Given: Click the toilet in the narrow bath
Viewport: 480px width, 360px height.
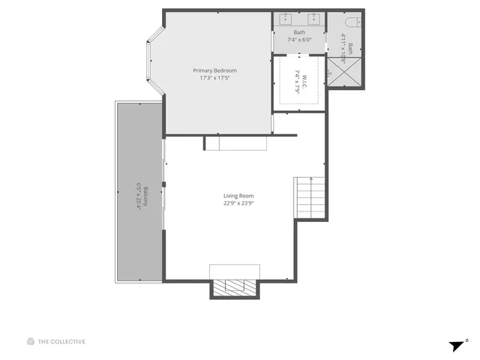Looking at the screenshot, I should (x=353, y=20).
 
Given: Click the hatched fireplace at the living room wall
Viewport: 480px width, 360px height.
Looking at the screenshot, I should (x=235, y=287).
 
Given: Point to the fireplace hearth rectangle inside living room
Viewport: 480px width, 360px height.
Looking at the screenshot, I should (x=234, y=271).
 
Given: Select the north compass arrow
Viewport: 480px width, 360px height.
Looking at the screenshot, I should (x=457, y=346).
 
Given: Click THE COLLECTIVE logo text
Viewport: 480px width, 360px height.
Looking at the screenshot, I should (x=62, y=342).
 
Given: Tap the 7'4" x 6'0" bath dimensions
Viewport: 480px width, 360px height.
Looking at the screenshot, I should (x=299, y=40).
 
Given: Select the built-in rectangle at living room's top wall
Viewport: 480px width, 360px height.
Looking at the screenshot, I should (x=235, y=143).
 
